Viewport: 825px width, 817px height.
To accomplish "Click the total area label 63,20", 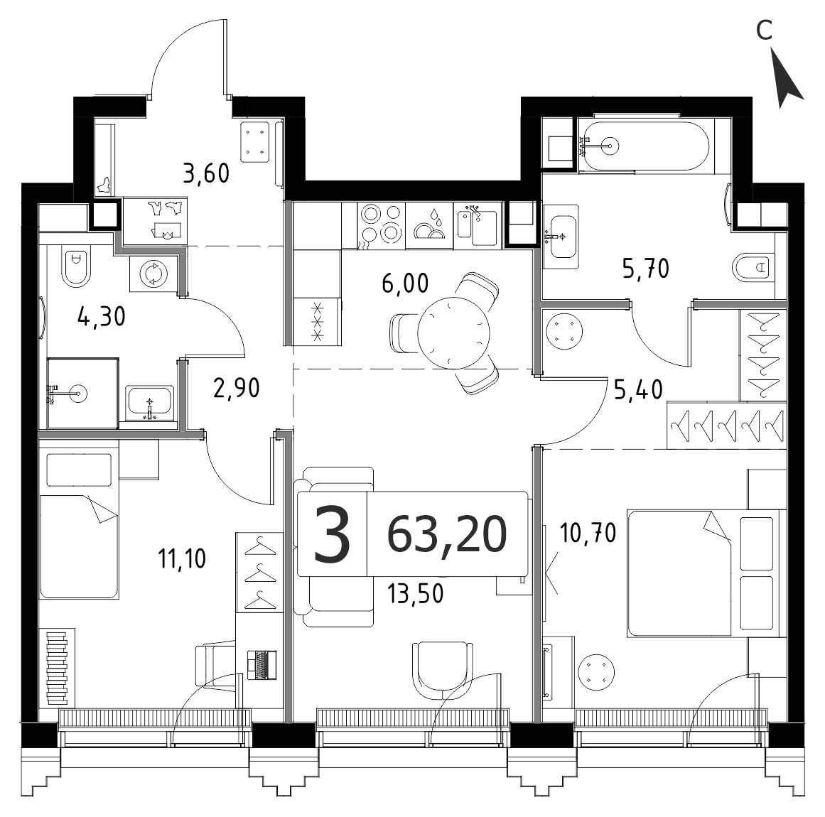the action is pyautogui.click(x=447, y=534).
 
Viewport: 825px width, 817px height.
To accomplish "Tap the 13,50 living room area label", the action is pyautogui.click(x=415, y=593).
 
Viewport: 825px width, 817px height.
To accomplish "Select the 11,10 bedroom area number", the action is pyautogui.click(x=182, y=558).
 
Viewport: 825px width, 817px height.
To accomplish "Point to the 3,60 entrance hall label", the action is pyautogui.click(x=206, y=173).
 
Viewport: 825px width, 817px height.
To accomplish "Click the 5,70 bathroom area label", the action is pyautogui.click(x=646, y=269).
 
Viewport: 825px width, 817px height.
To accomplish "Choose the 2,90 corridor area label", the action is pyautogui.click(x=237, y=388).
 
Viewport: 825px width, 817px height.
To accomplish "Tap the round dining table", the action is pyautogui.click(x=453, y=332).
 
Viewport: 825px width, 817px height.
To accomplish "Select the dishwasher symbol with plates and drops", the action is pyautogui.click(x=429, y=226).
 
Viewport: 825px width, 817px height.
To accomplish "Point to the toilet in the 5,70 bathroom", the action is pyautogui.click(x=754, y=268).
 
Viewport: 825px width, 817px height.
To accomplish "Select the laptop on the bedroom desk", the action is pyautogui.click(x=262, y=666).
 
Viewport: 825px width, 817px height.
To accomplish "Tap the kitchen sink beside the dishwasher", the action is pyautogui.click(x=478, y=226).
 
